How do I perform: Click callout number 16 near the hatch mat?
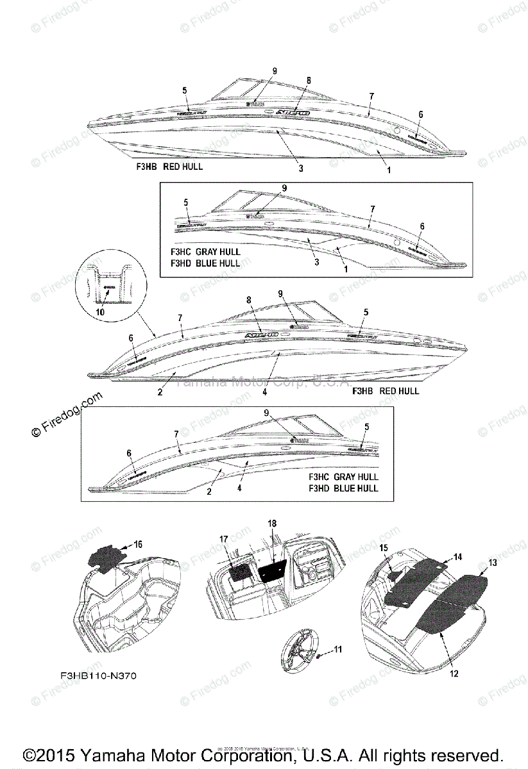point(138,544)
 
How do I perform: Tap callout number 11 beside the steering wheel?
point(338,649)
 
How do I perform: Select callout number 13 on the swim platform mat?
point(493,562)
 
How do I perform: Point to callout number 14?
point(457,558)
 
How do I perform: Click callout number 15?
point(383,548)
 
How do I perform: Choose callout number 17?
point(224,540)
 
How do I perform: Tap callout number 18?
point(272,524)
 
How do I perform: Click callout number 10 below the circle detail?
point(99,311)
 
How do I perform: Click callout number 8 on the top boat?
point(309,80)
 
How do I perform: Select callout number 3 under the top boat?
point(301,169)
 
